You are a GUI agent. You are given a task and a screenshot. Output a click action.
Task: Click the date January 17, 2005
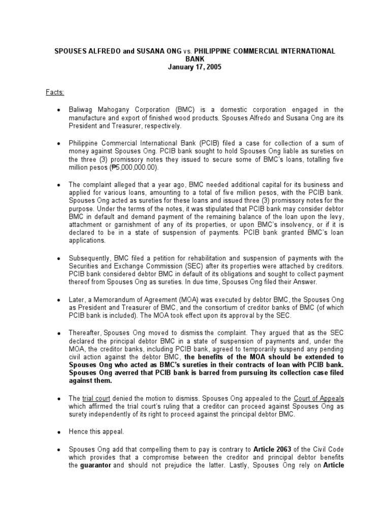coord(195,67)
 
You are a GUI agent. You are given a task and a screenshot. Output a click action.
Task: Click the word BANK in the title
coord(195,59)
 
